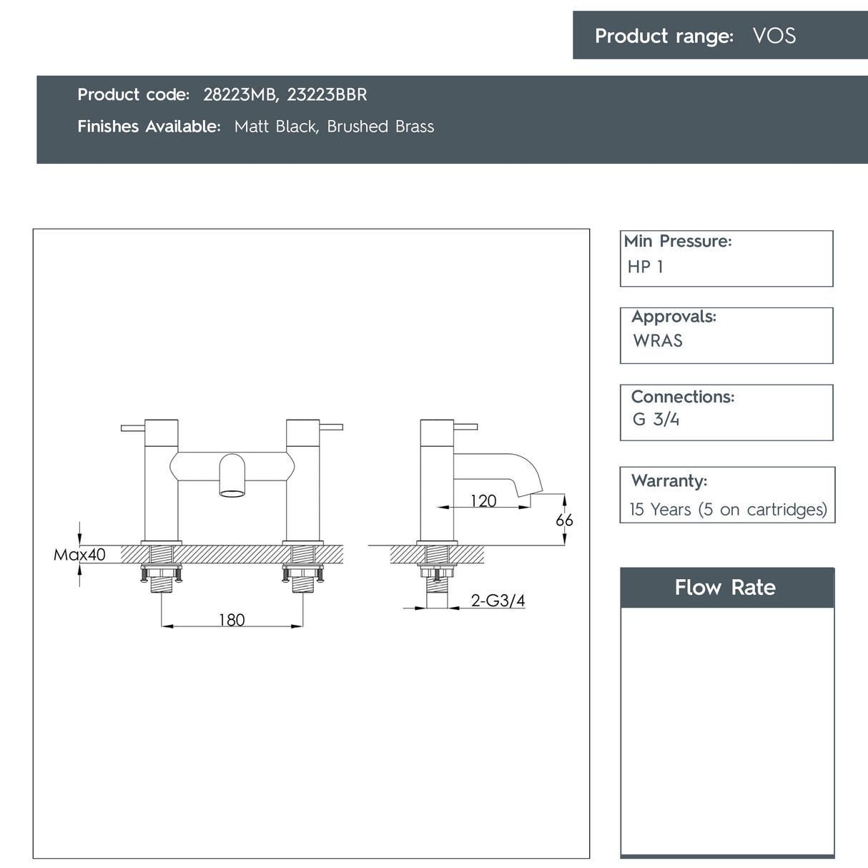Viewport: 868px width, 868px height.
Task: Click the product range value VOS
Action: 774,36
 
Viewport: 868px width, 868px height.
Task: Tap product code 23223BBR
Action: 327,94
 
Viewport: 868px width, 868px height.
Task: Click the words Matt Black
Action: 276,127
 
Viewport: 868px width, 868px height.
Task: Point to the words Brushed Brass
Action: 380,127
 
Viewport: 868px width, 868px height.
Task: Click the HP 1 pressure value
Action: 645,267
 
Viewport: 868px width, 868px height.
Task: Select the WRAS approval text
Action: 658,340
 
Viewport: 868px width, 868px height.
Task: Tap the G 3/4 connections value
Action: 656,420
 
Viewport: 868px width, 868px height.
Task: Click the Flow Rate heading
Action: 725,588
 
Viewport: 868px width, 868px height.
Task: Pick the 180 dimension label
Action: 232,620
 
